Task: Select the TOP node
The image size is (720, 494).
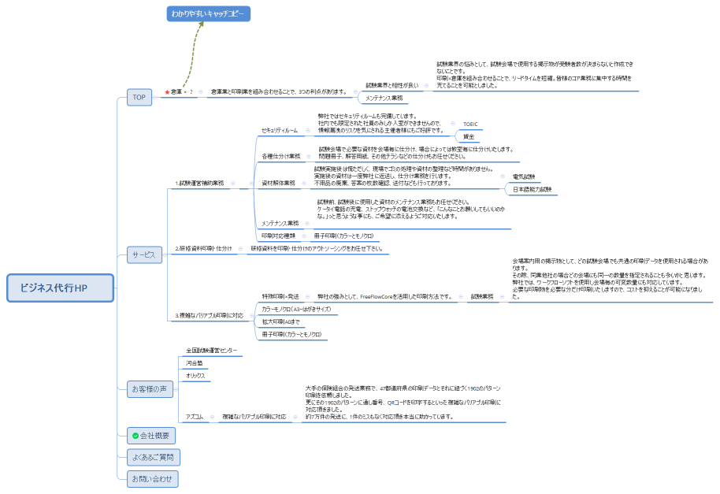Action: click(x=139, y=97)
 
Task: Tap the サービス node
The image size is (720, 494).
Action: click(x=143, y=255)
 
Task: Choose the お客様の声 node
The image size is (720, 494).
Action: click(x=150, y=388)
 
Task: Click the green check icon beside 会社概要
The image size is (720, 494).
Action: click(x=135, y=435)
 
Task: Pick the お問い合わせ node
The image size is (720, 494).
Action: click(x=153, y=477)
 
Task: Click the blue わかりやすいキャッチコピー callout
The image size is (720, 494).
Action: click(x=208, y=14)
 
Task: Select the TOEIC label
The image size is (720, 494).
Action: click(x=470, y=124)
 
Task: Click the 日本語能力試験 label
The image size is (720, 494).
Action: click(x=532, y=190)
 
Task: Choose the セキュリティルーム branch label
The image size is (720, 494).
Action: click(x=280, y=130)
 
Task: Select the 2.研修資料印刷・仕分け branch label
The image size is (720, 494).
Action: click(x=203, y=248)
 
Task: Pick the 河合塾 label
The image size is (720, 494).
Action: click(x=194, y=362)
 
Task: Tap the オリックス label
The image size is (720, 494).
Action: click(x=195, y=376)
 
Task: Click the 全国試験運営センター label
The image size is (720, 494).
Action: click(x=211, y=350)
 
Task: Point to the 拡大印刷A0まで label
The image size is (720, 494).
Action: click(x=280, y=321)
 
